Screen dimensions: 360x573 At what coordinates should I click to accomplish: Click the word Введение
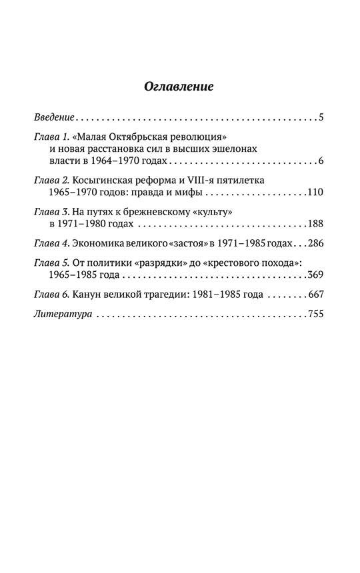53,118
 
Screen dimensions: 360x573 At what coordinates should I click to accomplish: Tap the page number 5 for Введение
321,118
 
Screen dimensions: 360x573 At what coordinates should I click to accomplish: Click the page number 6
321,161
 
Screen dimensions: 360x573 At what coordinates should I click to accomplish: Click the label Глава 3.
51,211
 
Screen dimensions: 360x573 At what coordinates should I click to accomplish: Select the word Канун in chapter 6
89,293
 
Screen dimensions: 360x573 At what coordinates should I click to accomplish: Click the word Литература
59,312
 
